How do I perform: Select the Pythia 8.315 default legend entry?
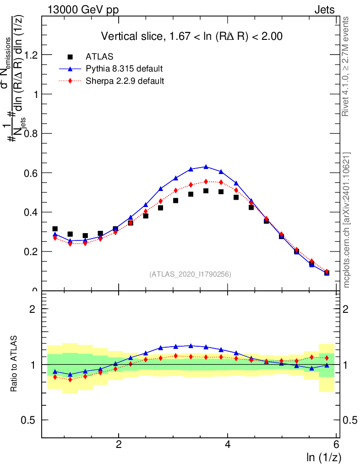tap(124, 69)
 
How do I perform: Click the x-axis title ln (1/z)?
tap(324, 457)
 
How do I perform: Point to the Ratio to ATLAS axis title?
tap(15, 364)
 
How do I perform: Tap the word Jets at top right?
tap(324, 10)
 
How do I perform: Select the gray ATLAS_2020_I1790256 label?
tap(190, 275)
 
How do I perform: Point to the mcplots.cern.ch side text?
tap(346, 220)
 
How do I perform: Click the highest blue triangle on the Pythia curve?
tap(206, 167)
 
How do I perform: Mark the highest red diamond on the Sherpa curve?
tap(206, 181)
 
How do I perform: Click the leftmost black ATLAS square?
tap(55, 229)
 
